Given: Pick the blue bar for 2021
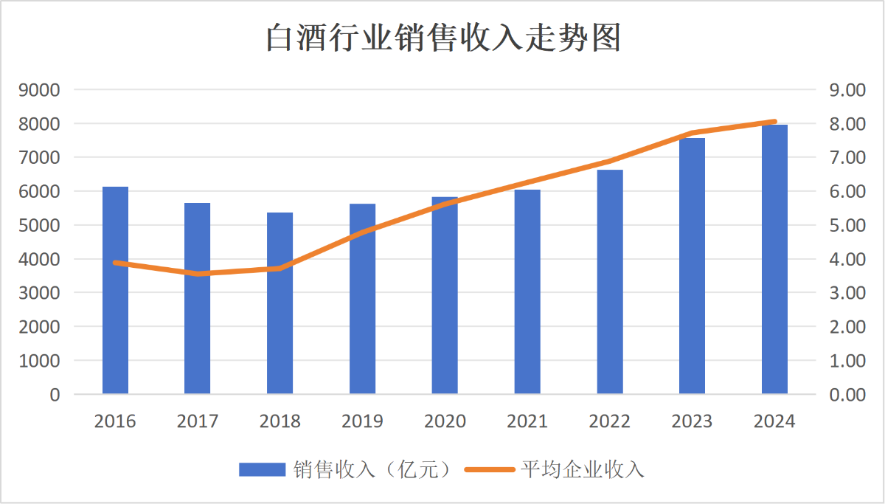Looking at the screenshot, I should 527,291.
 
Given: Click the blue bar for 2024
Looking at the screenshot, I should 774,259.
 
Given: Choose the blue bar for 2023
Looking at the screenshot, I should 692,266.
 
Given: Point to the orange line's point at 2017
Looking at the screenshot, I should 198,274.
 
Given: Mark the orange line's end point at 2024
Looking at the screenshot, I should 774,122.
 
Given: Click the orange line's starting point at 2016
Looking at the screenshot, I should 115,263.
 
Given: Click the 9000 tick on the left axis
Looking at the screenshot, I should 44,90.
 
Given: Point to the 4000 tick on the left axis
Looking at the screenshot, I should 44,259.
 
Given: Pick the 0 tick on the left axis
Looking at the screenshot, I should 55,395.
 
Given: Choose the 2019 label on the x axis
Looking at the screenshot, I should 362,421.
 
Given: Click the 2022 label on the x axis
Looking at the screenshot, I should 610,421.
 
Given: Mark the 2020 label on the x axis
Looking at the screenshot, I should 445,421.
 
